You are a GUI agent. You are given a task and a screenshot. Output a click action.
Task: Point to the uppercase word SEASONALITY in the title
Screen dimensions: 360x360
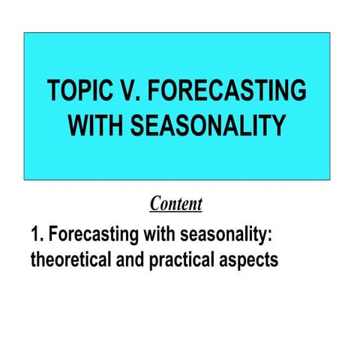click(x=209, y=126)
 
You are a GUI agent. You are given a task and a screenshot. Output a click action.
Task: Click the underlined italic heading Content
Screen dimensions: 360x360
click(x=175, y=203)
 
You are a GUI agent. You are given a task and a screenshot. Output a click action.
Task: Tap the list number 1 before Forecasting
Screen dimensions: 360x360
click(x=34, y=235)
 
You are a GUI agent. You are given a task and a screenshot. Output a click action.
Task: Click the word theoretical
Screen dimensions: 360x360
click(x=72, y=260)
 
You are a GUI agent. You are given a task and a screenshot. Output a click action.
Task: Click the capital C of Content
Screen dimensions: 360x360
click(x=155, y=203)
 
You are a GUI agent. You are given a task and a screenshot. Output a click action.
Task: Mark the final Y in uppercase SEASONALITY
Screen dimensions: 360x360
click(x=278, y=126)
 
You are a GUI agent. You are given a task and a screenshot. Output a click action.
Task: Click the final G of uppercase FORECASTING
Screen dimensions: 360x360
click(x=298, y=91)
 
